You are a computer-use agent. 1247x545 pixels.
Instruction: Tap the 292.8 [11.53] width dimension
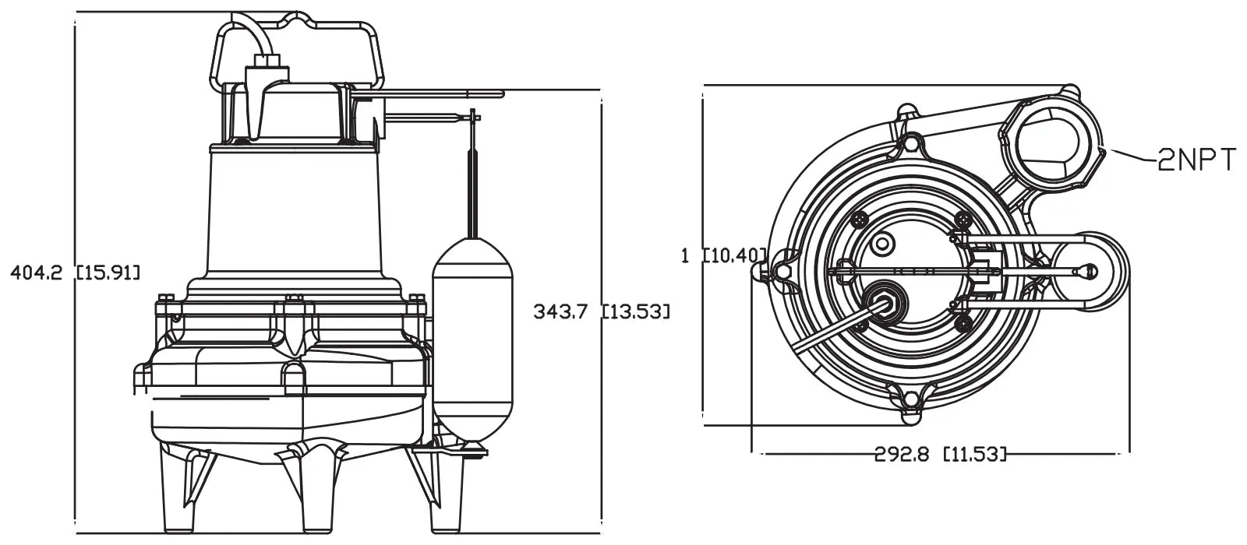click(x=940, y=454)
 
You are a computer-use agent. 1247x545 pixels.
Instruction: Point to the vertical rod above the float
click(x=473, y=179)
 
